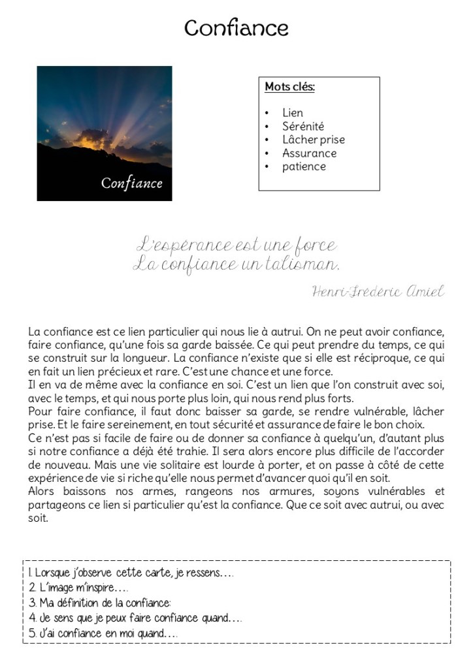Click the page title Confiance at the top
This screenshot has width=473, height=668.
point(236,28)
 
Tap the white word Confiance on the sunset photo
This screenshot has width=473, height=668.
point(131,183)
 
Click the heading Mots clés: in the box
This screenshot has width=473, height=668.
point(289,87)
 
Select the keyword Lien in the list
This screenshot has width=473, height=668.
point(292,113)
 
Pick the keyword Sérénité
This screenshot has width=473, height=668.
point(302,126)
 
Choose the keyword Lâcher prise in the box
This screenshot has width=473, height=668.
point(313,140)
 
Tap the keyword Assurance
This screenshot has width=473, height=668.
point(309,153)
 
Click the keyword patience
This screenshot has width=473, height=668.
point(303,167)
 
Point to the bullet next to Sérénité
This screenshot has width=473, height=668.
point(267,127)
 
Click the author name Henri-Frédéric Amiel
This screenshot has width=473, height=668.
point(378,292)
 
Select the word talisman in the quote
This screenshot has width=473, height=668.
point(302,265)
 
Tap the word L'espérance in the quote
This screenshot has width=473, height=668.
point(185,246)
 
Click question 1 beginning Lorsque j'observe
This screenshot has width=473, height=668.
point(131,573)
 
